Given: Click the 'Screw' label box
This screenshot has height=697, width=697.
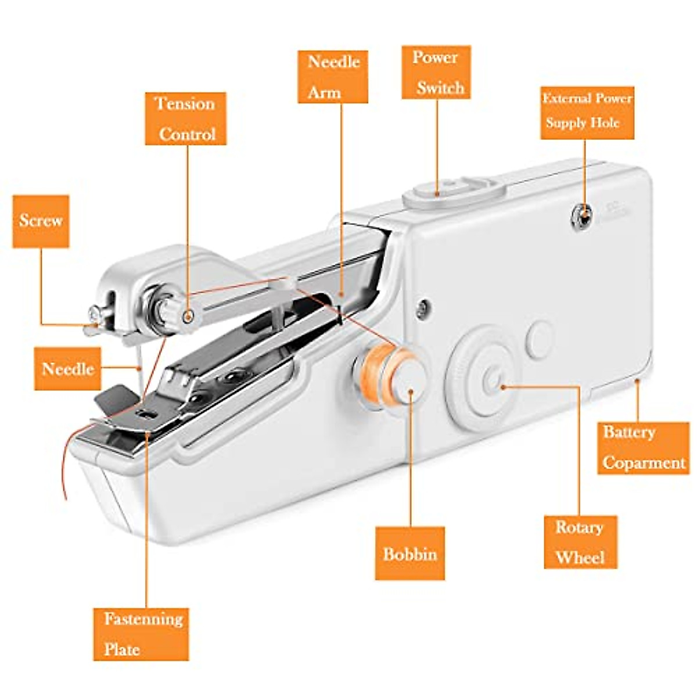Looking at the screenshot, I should tap(41, 221).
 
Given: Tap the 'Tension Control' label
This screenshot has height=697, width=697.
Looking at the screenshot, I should tap(185, 118).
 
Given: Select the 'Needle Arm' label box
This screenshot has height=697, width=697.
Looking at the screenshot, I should tap(333, 77).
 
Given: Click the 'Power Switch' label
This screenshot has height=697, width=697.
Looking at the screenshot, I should tap(436, 73).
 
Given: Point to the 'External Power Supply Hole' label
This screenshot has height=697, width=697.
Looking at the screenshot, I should tap(587, 113).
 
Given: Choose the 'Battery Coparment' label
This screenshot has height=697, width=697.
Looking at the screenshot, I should tap(643, 448).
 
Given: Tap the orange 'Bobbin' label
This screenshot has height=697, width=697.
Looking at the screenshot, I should tap(409, 553).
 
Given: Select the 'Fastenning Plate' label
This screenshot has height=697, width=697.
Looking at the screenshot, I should tap(141, 634).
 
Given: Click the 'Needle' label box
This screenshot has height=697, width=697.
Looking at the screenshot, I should tap(67, 369).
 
